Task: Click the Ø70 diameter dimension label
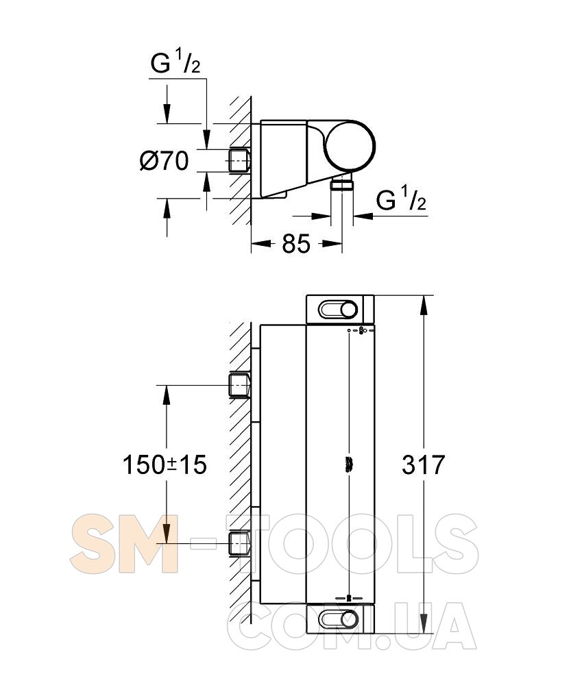164,161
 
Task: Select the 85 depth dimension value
296,244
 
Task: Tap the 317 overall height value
423,464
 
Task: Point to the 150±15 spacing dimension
165,464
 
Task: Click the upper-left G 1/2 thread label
175,62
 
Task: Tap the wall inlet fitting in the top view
240,162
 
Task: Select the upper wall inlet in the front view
240,385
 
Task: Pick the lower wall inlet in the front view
240,543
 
